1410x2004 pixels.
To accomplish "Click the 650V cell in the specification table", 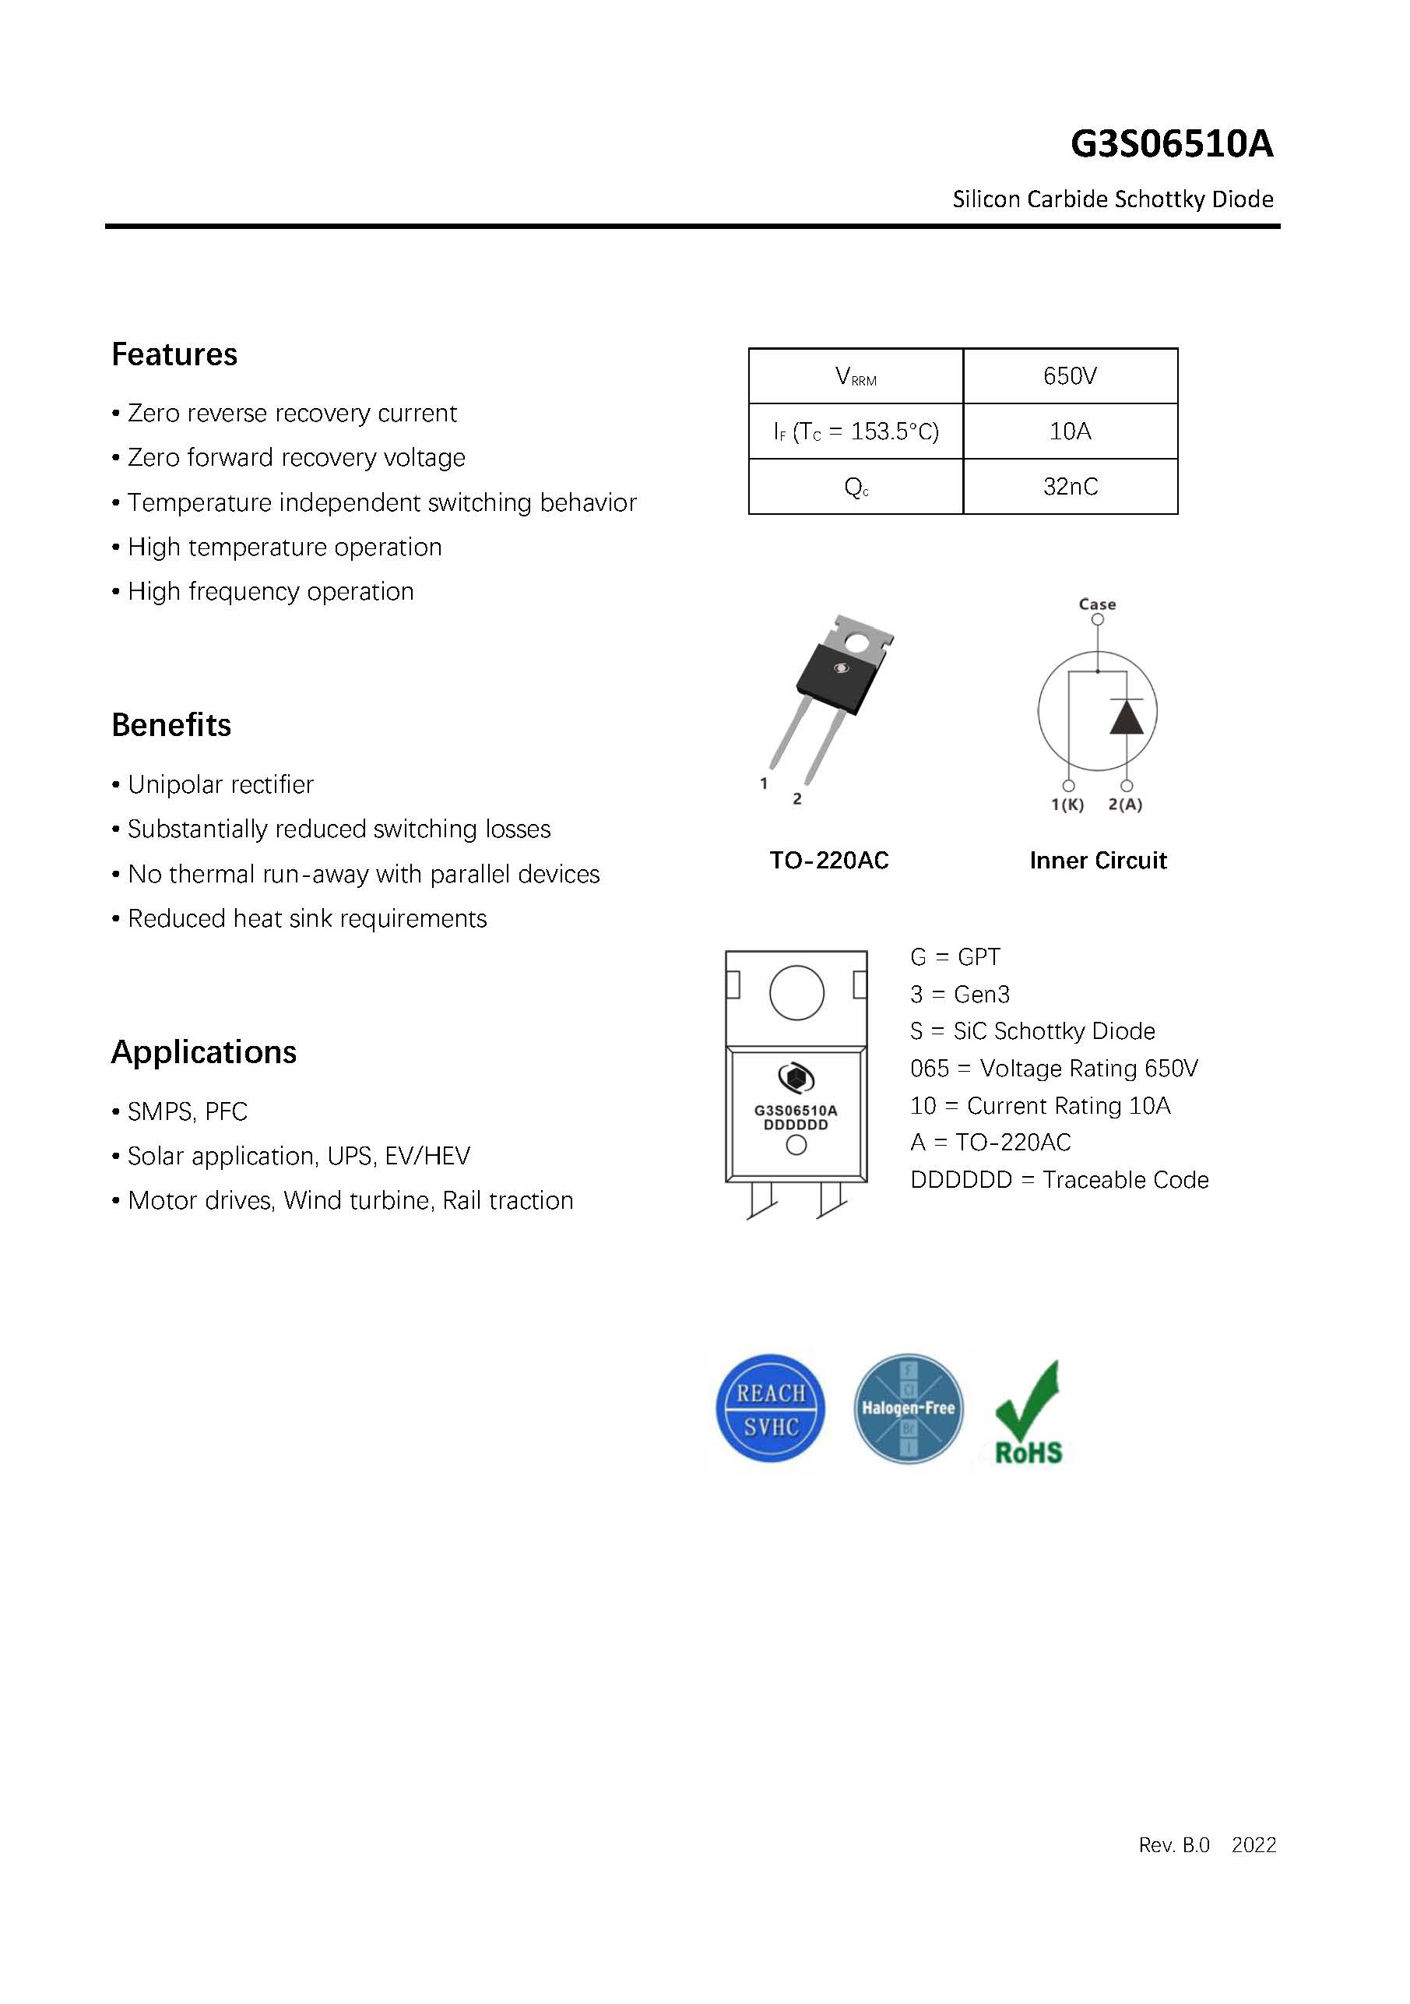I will coord(1070,376).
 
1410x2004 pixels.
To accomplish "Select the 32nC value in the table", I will coord(1070,487).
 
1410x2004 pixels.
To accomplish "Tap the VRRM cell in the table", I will coord(855,376).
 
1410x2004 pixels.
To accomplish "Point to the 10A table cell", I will coord(1070,431).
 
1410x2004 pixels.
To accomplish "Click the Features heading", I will coord(174,355).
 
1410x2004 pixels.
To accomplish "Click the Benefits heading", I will coord(171,725).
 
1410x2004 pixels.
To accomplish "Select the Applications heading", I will coord(203,1052).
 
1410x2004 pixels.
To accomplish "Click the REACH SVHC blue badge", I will coord(769,1408).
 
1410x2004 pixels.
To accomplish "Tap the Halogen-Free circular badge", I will coord(909,1408).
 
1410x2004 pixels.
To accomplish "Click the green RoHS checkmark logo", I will coord(1028,1412).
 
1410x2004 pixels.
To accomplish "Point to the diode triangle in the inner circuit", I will coord(1127,717).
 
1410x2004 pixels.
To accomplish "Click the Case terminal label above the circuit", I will coord(1097,604).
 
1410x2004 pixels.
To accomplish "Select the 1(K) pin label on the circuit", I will coord(1067,805).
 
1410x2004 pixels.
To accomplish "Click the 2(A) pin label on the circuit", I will coord(1125,805).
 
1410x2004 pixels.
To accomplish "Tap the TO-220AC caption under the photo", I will coord(829,861).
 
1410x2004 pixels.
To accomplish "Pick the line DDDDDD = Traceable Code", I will coord(1059,1180).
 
